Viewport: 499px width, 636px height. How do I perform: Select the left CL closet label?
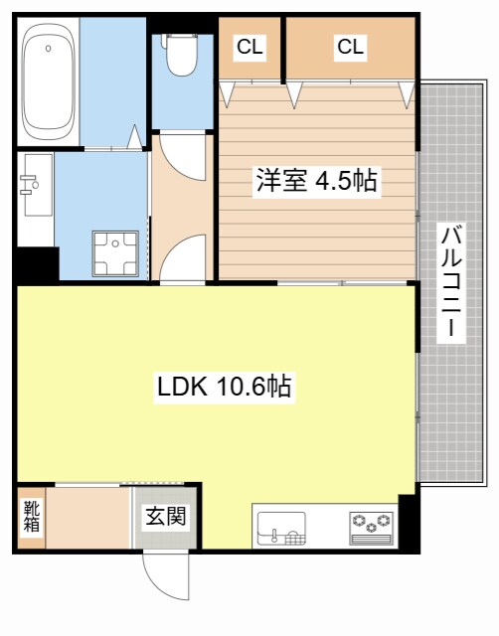pos(249,46)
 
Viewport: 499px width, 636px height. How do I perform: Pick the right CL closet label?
pos(349,46)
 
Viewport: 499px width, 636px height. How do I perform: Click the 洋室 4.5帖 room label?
pos(316,182)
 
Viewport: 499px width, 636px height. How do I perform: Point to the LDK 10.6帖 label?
pos(225,388)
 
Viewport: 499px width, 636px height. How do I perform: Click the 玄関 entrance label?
pos(166,517)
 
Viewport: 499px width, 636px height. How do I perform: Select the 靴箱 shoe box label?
pos(32,517)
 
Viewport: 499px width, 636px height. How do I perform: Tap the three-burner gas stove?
pos(372,525)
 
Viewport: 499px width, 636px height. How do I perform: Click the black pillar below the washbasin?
pos(37,262)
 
